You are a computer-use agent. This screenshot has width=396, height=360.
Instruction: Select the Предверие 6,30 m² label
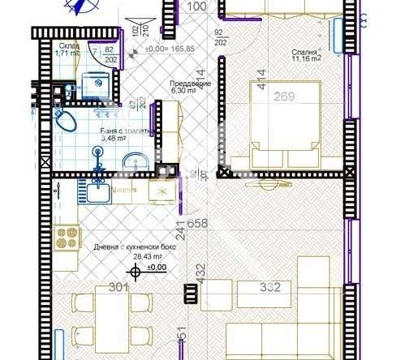[x=189, y=88]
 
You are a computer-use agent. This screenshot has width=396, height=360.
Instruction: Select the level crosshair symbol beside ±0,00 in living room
[x=136, y=272]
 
